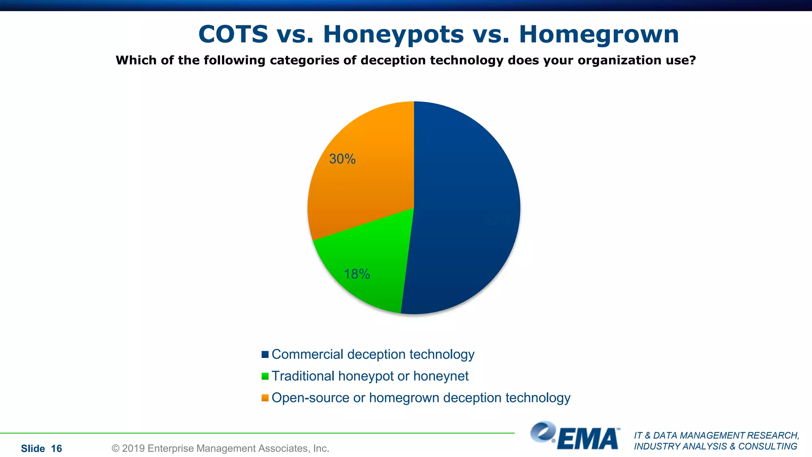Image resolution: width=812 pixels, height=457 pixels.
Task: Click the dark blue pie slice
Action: click(464, 206)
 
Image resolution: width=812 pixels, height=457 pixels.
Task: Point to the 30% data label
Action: click(342, 159)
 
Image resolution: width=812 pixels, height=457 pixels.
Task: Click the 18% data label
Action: click(357, 274)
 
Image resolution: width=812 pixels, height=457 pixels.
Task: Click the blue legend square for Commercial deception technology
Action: click(265, 354)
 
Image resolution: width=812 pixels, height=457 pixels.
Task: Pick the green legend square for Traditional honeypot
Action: click(265, 376)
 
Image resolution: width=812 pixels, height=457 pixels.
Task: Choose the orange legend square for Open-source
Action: click(265, 398)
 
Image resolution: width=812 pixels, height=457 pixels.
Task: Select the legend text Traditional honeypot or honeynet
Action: click(370, 376)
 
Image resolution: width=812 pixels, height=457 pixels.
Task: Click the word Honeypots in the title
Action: click(393, 35)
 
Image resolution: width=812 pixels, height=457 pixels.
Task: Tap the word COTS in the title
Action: click(233, 35)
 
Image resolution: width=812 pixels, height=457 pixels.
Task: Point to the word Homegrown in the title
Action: click(599, 35)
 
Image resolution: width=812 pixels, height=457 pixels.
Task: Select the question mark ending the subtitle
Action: click(692, 60)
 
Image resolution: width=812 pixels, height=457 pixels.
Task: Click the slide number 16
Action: click(57, 449)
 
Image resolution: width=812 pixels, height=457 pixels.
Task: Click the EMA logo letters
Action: click(588, 439)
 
